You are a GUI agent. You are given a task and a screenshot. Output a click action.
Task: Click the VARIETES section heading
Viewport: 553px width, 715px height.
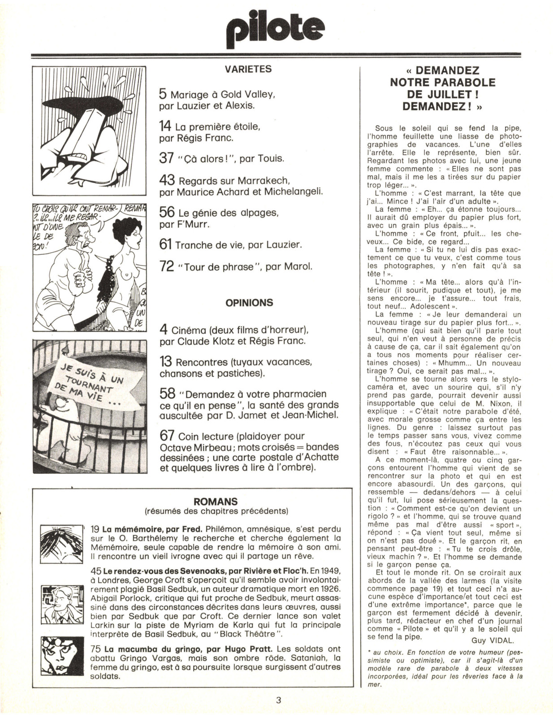tap(248, 69)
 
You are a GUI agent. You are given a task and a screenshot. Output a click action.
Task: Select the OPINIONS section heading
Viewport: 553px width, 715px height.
tap(249, 303)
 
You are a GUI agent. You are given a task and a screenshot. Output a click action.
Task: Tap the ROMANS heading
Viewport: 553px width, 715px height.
tap(215, 502)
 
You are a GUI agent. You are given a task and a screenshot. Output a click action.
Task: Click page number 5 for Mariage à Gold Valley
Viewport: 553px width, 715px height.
tap(163, 94)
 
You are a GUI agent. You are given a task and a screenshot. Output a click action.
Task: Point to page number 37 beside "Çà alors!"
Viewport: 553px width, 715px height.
tap(166, 158)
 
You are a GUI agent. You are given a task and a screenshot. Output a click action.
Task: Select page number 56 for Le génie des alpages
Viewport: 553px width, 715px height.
tap(166, 213)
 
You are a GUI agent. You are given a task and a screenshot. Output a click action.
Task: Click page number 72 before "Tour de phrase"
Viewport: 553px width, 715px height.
tap(166, 266)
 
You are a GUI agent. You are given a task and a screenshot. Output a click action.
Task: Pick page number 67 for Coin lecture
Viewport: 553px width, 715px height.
tap(167, 436)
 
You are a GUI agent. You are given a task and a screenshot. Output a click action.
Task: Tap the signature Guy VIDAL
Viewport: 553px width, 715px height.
tap(493, 640)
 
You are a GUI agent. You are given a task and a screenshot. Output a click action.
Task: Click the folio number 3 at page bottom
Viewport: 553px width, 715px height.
tap(278, 700)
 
